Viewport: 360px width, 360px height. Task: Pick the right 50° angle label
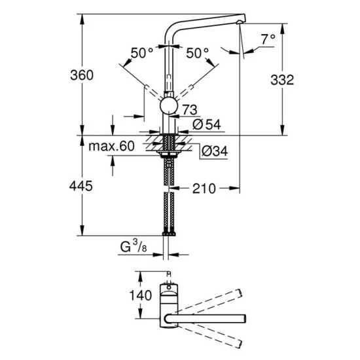point(197,52)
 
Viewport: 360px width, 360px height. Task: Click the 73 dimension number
point(190,109)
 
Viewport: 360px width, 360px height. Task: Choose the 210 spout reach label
point(204,189)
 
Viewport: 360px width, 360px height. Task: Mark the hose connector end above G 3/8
point(170,232)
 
